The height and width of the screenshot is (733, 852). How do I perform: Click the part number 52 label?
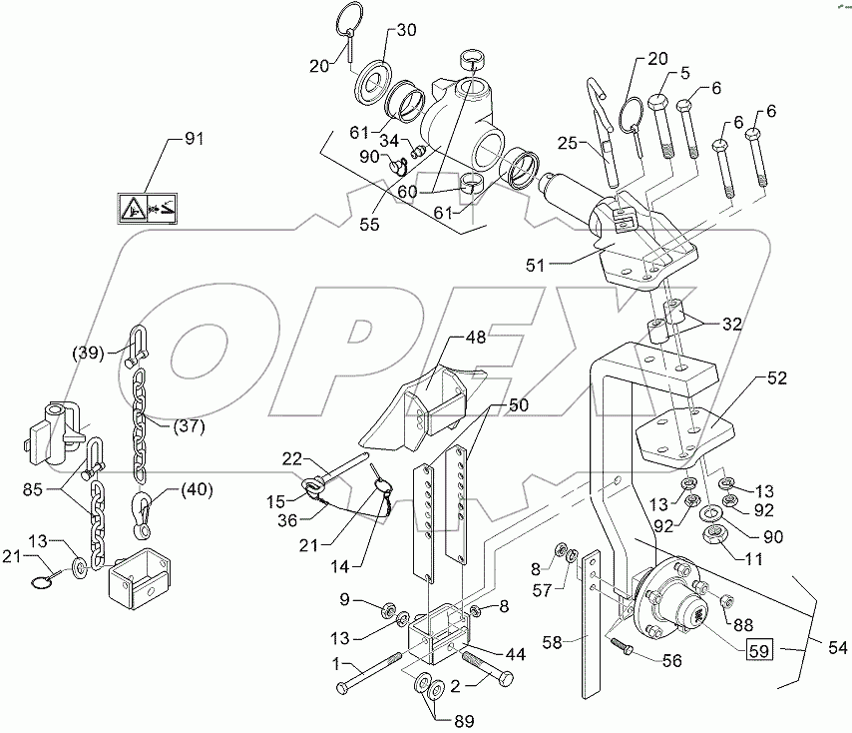point(777,379)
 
